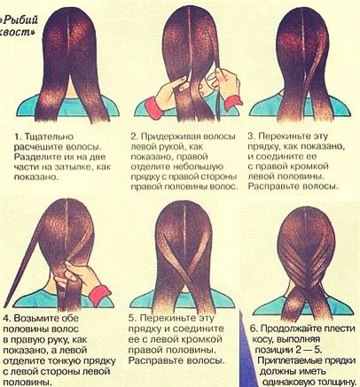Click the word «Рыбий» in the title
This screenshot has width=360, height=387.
tap(20, 20)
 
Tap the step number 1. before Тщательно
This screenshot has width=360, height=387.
tap(18, 136)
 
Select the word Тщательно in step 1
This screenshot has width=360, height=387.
tap(49, 137)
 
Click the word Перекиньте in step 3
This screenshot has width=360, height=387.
tap(285, 136)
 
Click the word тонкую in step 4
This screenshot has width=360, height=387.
tap(67, 361)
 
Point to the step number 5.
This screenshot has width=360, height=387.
tap(132, 318)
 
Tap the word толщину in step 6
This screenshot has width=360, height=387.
tap(336, 382)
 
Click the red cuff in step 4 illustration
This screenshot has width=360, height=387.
tap(99, 295)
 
